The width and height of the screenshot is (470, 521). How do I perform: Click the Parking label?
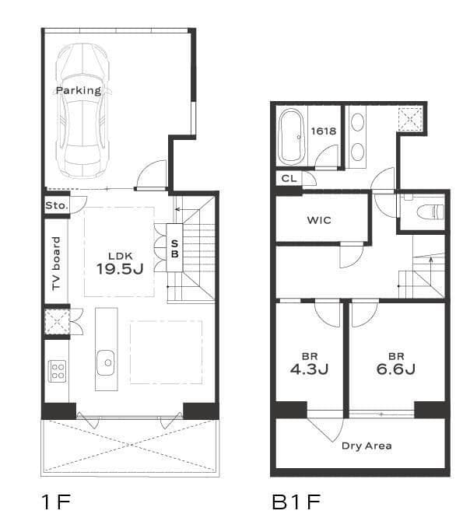tap(79, 90)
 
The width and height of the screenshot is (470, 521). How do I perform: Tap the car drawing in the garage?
tap(82, 110)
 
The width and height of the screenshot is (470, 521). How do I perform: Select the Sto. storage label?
tap(57, 205)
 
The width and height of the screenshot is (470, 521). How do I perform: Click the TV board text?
tap(57, 264)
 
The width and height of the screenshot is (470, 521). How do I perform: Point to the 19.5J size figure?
tap(120, 268)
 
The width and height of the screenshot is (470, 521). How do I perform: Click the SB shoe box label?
tap(174, 249)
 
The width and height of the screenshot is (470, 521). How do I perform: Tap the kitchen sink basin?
tap(106, 363)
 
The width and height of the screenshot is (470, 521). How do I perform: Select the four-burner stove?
tap(58, 371)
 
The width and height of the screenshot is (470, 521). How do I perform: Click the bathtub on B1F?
tap(292, 137)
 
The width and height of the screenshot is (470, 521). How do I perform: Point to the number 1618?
tap(324, 131)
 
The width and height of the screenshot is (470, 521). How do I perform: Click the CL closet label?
tap(289, 179)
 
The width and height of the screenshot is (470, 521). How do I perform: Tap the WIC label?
tap(319, 220)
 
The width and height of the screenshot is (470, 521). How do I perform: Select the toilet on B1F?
tap(430, 212)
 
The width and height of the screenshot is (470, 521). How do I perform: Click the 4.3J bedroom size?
tap(310, 369)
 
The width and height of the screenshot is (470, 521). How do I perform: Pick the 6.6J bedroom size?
tap(396, 369)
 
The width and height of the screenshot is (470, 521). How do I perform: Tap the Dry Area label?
tap(367, 446)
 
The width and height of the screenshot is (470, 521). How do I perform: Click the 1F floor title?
tap(56, 502)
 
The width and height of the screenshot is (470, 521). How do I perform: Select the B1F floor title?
tap(296, 502)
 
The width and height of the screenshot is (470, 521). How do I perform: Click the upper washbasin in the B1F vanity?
tap(357, 122)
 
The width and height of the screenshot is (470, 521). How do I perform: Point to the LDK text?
tap(121, 256)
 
